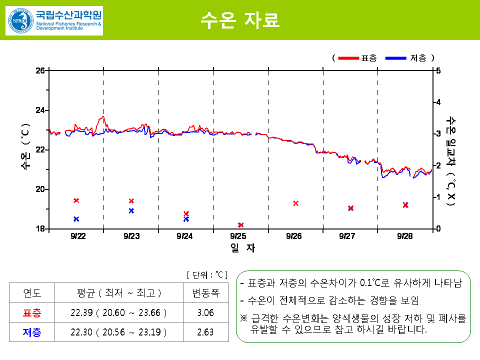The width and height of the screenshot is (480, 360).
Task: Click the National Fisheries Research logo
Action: point(54,20)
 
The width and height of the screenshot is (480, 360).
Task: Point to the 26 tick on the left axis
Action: point(40,70)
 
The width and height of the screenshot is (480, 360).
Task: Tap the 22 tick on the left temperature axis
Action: point(40,149)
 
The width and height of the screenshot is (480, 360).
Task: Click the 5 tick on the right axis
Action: point(438,70)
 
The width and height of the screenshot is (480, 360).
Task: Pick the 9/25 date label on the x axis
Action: point(238,236)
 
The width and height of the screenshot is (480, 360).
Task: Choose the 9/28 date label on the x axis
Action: point(405,236)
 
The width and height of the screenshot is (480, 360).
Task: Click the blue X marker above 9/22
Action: point(76,219)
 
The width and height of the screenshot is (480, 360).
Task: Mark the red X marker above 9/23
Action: point(131,201)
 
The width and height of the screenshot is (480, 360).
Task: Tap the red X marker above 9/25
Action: point(240,225)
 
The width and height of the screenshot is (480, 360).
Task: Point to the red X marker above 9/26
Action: point(295,203)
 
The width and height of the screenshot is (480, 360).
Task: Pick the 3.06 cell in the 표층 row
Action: point(205,313)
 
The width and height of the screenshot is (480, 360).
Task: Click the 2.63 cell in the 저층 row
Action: point(205,332)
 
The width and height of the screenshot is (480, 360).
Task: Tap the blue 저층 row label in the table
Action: point(32,332)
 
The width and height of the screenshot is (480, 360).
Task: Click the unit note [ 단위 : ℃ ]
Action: point(207,275)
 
